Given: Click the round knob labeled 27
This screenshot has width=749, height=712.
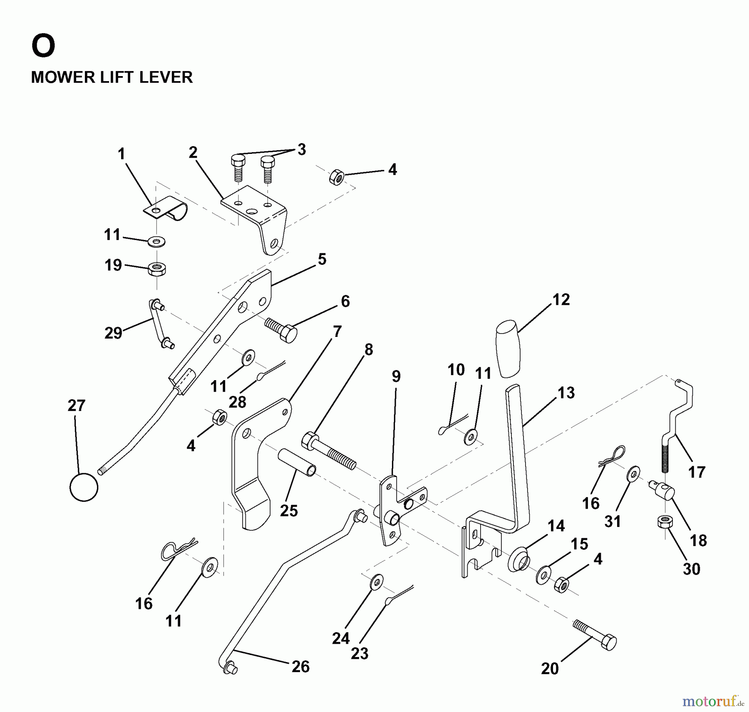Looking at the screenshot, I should pyautogui.click(x=84, y=487).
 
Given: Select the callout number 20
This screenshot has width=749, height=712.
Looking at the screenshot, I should pyautogui.click(x=550, y=669).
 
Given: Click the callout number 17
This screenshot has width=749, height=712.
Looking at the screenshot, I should pyautogui.click(x=697, y=472).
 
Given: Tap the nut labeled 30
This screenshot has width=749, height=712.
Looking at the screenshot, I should pyautogui.click(x=663, y=522).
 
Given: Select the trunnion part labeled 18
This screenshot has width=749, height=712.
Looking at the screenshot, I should pyautogui.click(x=663, y=493).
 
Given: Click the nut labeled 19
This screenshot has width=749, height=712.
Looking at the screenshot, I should pyautogui.click(x=157, y=268).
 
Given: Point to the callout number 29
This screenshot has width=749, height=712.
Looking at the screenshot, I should pyautogui.click(x=113, y=333).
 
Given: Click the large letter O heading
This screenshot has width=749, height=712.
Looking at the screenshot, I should pyautogui.click(x=43, y=46).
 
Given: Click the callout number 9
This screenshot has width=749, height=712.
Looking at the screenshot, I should pyautogui.click(x=396, y=376).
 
